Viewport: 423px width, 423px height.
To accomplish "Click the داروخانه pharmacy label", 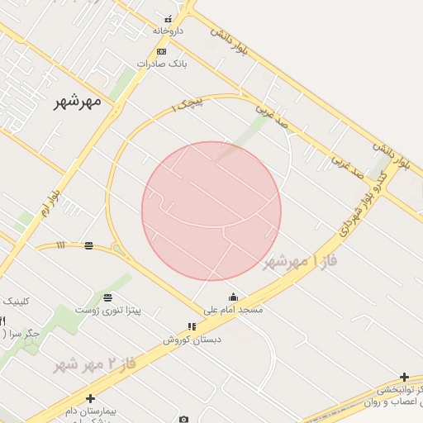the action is (168, 31).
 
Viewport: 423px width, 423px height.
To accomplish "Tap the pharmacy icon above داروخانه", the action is (169, 18).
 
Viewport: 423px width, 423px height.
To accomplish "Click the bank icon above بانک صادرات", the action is (161, 51).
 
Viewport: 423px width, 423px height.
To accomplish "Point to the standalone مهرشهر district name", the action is (77, 101).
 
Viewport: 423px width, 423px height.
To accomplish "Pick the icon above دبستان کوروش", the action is (192, 327).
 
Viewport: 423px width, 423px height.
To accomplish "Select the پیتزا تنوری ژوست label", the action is (107, 310).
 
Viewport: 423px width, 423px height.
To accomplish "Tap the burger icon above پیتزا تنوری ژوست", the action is (107, 297).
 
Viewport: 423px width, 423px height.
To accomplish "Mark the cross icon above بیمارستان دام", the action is (91, 398).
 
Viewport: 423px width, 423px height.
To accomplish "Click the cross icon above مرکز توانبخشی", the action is (404, 378).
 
